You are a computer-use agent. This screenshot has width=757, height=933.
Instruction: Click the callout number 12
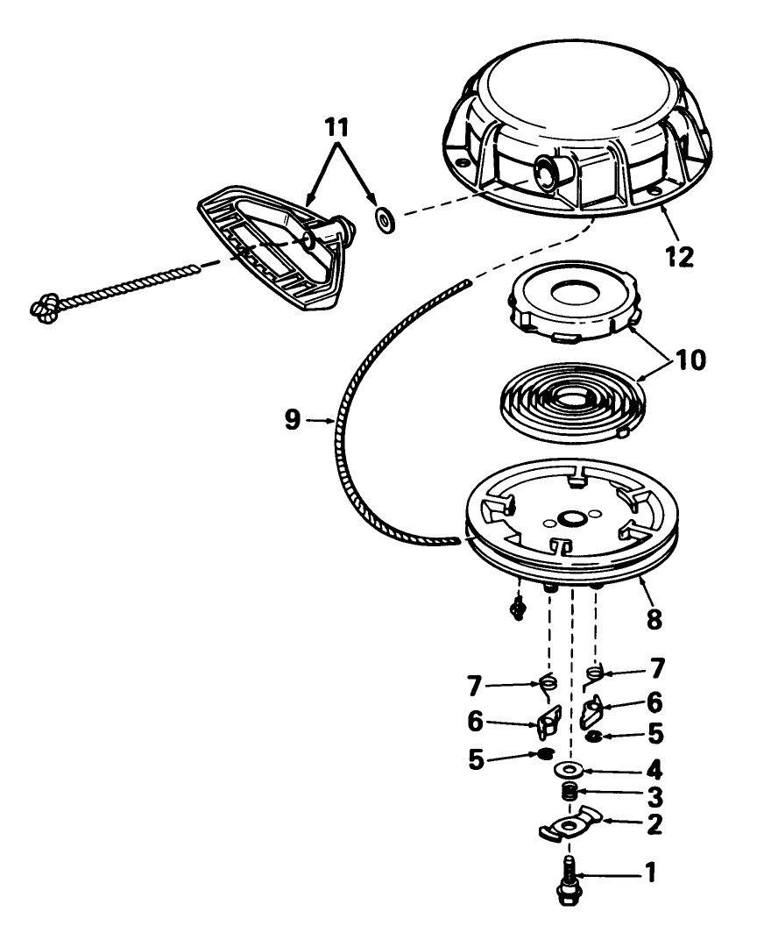[679, 257]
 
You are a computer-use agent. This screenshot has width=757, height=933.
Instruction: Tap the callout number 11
[336, 128]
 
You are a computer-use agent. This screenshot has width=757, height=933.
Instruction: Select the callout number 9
[293, 420]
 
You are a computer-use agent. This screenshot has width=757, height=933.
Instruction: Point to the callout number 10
[690, 360]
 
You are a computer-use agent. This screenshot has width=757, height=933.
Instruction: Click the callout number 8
[654, 619]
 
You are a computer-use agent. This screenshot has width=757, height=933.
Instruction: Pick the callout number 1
[651, 872]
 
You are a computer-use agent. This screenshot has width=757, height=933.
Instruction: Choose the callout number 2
[654, 823]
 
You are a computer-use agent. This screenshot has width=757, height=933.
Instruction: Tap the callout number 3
[654, 796]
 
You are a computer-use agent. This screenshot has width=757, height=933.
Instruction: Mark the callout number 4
[654, 771]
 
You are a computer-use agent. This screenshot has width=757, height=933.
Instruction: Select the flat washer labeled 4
[570, 770]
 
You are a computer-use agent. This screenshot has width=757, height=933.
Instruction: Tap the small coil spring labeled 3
[570, 793]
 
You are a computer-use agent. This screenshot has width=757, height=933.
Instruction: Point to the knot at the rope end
[46, 308]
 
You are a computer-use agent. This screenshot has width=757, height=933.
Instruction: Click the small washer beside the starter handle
[386, 220]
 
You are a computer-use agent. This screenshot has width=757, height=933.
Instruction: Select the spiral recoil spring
[573, 402]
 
